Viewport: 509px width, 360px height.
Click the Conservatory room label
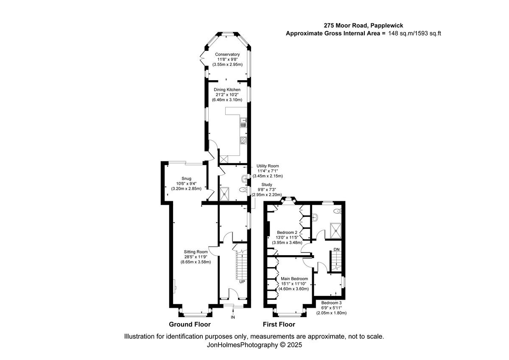(227, 54)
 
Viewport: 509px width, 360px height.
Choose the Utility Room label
(267, 166)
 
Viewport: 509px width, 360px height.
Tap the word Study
(267, 185)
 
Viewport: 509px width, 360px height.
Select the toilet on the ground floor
(242, 190)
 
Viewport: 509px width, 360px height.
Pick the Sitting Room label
(196, 252)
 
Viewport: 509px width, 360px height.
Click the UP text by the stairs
(242, 281)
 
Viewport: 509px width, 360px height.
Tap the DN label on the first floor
(336, 249)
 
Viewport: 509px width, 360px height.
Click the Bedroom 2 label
(287, 233)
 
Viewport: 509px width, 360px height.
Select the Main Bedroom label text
(294, 278)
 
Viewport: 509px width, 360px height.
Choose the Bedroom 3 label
(331, 303)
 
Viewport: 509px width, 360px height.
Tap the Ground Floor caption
(190, 325)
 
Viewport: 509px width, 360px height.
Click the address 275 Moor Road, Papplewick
(364, 25)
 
